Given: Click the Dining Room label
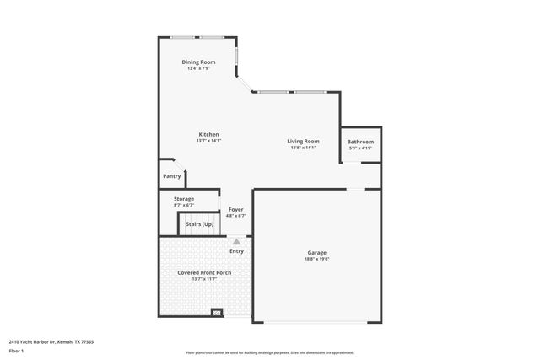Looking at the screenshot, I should pyautogui.click(x=198, y=62).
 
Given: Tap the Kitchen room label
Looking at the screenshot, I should pyautogui.click(x=208, y=135).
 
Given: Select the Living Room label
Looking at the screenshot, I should pyautogui.click(x=303, y=141).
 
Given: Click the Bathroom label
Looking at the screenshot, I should pyautogui.click(x=360, y=142).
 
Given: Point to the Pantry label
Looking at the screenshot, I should pyautogui.click(x=172, y=176).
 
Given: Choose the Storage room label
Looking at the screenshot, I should pyautogui.click(x=184, y=199).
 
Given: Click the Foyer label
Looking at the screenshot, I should pyautogui.click(x=236, y=209).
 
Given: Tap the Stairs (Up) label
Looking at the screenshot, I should pyautogui.click(x=200, y=225).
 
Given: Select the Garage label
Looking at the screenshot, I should pyautogui.click(x=316, y=252).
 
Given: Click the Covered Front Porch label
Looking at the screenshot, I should pyautogui.click(x=204, y=273).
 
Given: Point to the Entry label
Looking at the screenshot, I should pyautogui.click(x=237, y=250).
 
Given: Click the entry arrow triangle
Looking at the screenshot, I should pyautogui.click(x=237, y=241).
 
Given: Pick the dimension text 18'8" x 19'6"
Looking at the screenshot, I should pyautogui.click(x=316, y=259).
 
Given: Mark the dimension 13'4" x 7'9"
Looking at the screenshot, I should pyautogui.click(x=198, y=68).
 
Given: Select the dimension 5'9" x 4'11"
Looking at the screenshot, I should pyautogui.click(x=360, y=148).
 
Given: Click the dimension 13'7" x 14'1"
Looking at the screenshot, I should pyautogui.click(x=208, y=141).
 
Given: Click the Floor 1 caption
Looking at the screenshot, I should pyautogui.click(x=17, y=350).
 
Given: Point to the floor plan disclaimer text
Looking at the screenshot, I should pyautogui.click(x=269, y=352).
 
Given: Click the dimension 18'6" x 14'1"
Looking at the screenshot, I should pyautogui.click(x=303, y=148).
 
